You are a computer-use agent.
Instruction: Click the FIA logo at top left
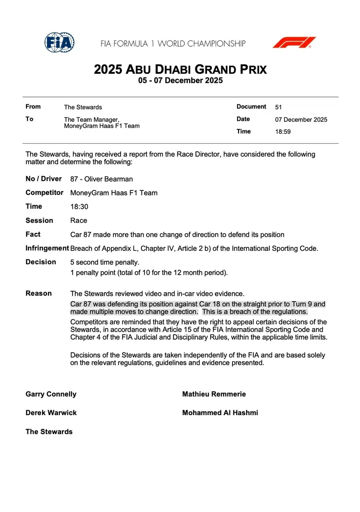point(59,42)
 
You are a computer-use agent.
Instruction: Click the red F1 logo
point(294,42)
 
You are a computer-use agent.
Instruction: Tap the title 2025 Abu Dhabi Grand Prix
point(180,69)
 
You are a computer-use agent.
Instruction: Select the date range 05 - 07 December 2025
point(180,80)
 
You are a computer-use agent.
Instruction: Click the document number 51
point(278,107)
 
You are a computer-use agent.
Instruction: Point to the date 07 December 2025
point(301,119)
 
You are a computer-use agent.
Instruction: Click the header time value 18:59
point(282,132)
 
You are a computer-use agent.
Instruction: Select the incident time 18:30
point(79,206)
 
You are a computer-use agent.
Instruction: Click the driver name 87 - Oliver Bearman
point(101,179)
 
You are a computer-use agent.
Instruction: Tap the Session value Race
point(78,220)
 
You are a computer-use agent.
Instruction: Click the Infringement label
point(47,248)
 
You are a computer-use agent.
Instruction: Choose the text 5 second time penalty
point(104,262)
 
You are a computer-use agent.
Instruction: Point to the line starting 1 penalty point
point(148,273)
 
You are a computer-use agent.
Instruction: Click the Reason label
point(38,293)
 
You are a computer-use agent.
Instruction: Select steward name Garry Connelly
point(51,394)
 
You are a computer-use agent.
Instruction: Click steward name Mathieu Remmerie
point(214,394)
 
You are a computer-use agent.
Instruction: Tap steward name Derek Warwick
point(51,413)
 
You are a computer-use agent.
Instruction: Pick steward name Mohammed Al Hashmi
point(220,413)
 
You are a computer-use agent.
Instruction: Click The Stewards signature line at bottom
point(49,432)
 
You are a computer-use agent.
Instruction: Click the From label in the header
point(33,106)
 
